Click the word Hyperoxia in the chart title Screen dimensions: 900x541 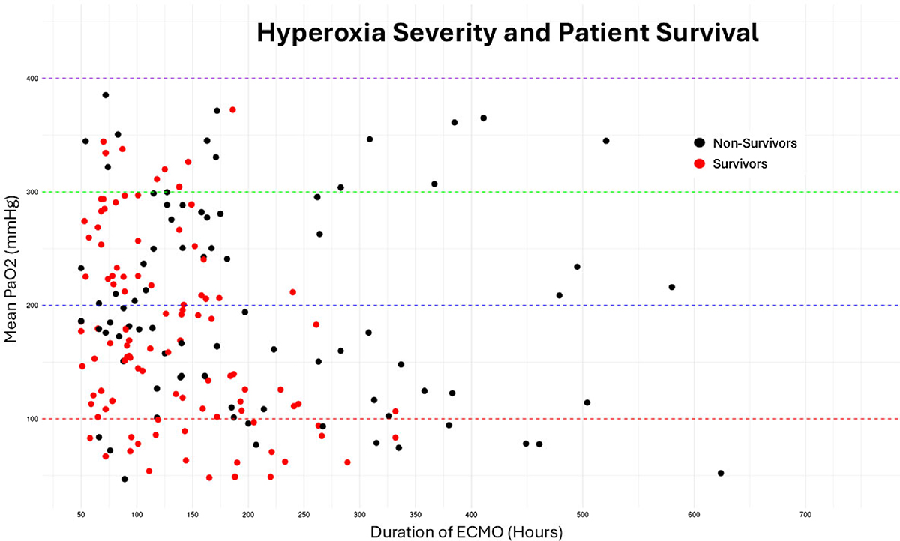point(321,34)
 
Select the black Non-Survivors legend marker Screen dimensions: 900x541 point(700,143)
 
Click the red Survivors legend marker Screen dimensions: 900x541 point(700,164)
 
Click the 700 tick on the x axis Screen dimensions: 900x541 point(805,515)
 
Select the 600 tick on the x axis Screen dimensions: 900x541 point(694,515)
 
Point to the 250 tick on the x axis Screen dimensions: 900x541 point(304,515)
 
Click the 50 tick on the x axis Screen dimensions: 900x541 point(81,515)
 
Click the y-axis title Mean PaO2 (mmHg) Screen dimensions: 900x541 point(10,269)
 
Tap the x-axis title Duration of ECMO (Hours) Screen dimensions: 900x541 point(466,532)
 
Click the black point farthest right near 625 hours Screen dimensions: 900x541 point(721,473)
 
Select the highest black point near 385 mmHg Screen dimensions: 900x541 point(106,95)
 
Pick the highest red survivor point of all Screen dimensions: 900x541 point(232,110)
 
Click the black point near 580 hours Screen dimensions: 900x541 point(672,287)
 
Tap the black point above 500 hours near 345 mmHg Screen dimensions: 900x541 point(606,141)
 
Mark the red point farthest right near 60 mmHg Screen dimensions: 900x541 point(347,462)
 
